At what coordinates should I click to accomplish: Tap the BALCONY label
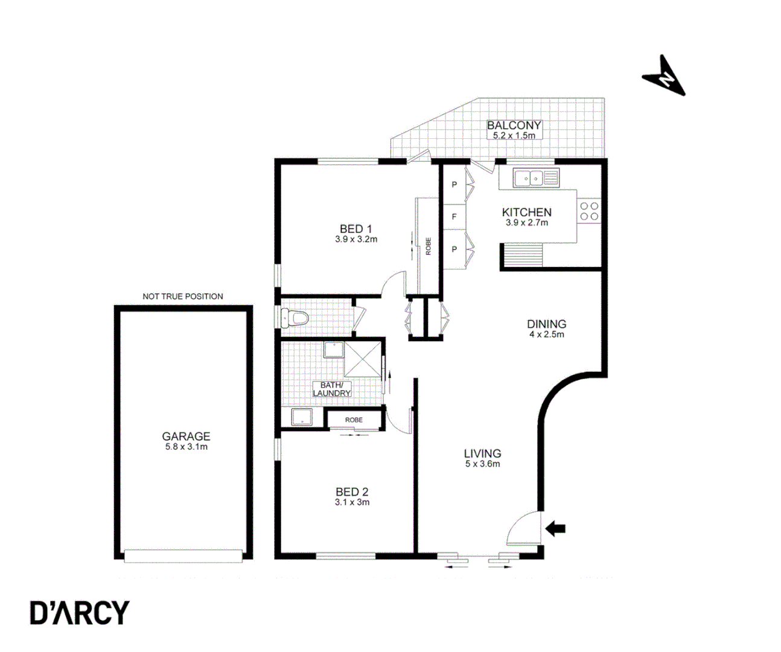514,126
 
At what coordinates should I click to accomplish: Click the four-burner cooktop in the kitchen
589,211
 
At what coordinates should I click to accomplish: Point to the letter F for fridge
454,216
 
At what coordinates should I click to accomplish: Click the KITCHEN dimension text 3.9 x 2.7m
527,223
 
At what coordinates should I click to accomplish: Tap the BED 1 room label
355,229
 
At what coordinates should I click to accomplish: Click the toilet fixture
294,318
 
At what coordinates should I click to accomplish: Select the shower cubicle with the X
363,359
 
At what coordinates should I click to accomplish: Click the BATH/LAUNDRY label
331,389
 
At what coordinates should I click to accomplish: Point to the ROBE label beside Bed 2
354,420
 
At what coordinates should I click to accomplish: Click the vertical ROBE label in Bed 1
429,246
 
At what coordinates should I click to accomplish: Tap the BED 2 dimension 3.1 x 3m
352,502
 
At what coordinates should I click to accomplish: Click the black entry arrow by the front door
555,529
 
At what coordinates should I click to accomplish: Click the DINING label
546,324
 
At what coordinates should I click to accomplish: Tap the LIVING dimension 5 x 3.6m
482,464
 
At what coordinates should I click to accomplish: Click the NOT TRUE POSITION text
183,296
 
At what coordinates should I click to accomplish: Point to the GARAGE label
186,436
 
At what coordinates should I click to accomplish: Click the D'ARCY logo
80,613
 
